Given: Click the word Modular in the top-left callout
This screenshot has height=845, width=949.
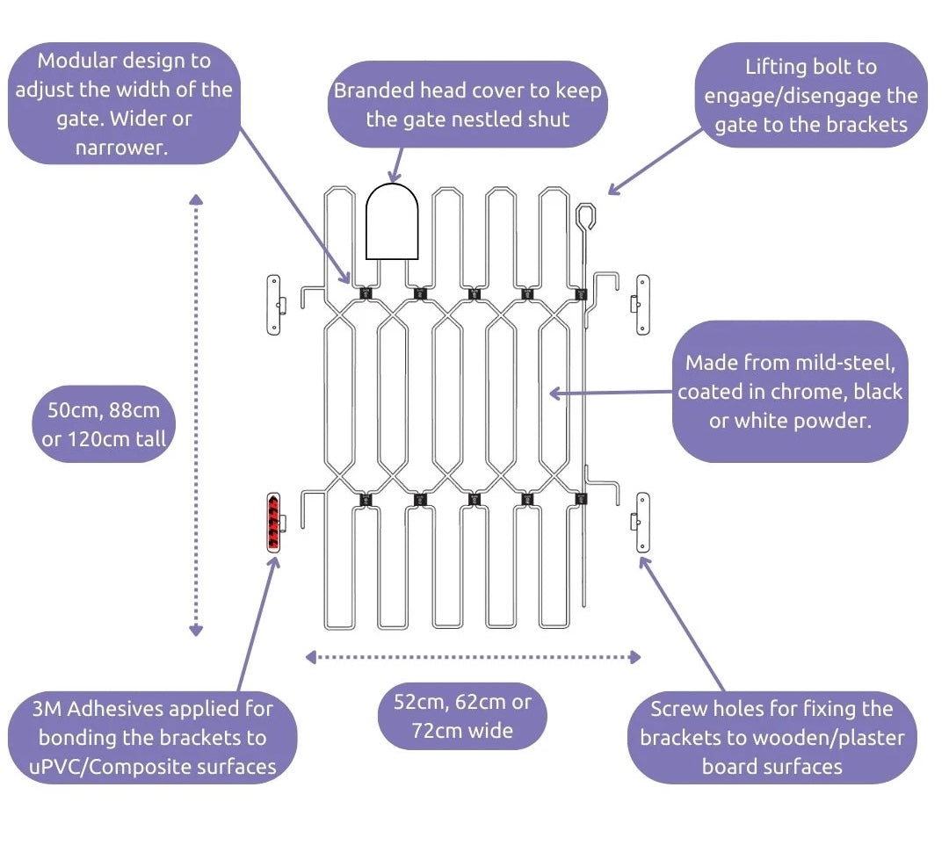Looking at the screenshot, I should (77, 61).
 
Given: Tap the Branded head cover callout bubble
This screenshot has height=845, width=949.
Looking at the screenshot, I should (468, 104).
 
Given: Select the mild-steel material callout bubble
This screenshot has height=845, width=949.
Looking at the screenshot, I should (789, 391).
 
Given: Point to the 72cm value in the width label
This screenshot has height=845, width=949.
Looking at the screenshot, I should (431, 730).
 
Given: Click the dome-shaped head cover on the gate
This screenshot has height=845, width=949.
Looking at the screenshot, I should (392, 220).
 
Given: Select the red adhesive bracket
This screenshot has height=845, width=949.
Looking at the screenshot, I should (274, 523).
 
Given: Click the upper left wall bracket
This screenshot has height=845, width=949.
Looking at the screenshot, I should (276, 305).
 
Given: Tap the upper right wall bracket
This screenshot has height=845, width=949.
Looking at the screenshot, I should (641, 305).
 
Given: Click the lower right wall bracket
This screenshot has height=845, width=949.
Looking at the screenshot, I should (641, 523).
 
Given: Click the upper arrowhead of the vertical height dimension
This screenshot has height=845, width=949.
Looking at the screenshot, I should (196, 200).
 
